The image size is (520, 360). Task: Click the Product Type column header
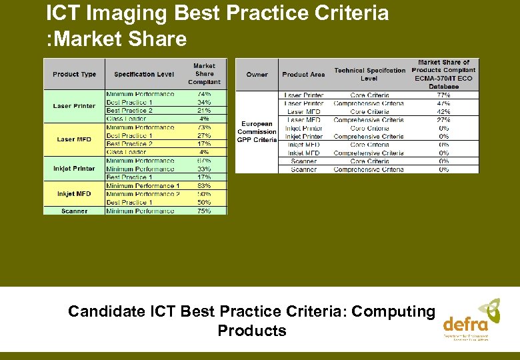(74, 74)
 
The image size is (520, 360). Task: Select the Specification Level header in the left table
(144, 74)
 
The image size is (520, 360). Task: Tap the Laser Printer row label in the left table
(74, 106)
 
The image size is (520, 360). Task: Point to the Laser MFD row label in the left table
(74, 139)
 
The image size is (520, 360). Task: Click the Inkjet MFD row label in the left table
(74, 194)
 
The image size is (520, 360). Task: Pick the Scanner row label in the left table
(74, 211)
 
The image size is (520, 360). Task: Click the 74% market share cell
(204, 94)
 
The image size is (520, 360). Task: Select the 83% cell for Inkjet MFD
(204, 186)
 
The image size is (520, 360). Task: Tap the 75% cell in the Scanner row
(204, 211)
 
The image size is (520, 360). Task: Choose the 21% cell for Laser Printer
(204, 111)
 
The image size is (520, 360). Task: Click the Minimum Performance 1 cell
(143, 186)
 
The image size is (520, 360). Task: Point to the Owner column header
(257, 74)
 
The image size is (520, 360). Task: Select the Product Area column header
(303, 74)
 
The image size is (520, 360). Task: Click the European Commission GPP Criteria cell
(257, 132)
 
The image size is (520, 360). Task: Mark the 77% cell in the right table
(443, 95)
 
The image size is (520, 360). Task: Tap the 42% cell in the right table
(443, 112)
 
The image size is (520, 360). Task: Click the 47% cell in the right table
(443, 103)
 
